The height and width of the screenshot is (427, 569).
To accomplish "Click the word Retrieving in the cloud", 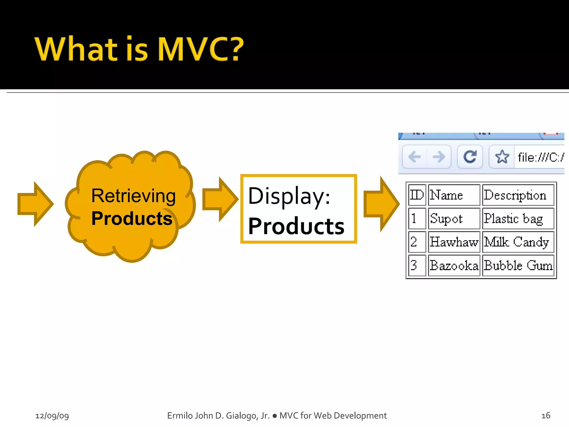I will (x=133, y=196).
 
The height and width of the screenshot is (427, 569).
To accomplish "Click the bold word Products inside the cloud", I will (x=132, y=219).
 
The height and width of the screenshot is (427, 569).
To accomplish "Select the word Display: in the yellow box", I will (x=289, y=196).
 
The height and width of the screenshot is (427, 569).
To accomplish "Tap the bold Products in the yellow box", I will (x=296, y=226).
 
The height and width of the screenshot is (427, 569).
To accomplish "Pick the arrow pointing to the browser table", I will (x=381, y=204).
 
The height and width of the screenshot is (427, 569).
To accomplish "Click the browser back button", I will (x=415, y=157).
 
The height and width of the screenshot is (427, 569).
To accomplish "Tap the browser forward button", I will (x=439, y=157).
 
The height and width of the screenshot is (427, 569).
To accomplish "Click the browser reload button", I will (x=470, y=157).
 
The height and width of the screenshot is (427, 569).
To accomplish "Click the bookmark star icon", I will (x=502, y=157).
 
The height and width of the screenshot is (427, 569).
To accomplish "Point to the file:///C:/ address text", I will (x=540, y=157).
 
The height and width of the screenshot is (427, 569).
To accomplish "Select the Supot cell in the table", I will (x=454, y=219).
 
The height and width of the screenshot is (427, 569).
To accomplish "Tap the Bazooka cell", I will (x=454, y=265).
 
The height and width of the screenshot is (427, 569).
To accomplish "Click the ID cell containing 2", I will (x=417, y=242).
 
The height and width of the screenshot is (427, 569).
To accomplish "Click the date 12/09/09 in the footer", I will (x=52, y=416).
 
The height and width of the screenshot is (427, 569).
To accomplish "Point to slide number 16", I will (x=546, y=416).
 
